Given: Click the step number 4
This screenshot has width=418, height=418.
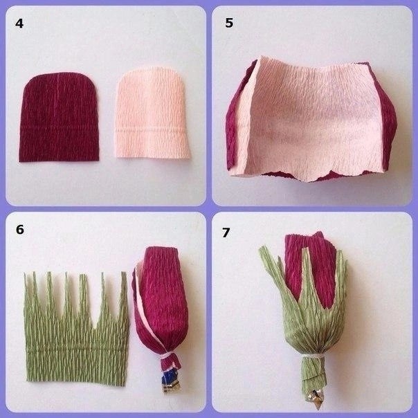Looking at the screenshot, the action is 19,24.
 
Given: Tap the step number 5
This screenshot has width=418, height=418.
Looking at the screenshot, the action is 229,23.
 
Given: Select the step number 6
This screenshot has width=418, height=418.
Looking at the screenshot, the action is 20,230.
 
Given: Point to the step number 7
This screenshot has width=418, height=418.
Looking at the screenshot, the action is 226,233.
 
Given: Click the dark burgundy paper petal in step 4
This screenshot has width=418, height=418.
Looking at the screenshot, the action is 59,117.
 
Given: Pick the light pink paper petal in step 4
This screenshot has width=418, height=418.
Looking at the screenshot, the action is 152,113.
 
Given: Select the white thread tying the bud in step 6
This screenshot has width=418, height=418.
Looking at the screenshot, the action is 167,356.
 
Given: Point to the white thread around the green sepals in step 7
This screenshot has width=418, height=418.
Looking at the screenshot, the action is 313,356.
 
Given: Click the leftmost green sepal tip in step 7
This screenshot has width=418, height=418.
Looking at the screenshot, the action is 262,249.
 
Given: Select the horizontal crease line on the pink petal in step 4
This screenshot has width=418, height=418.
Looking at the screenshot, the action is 151,130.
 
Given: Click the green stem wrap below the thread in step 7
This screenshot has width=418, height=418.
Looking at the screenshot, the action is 314,373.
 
